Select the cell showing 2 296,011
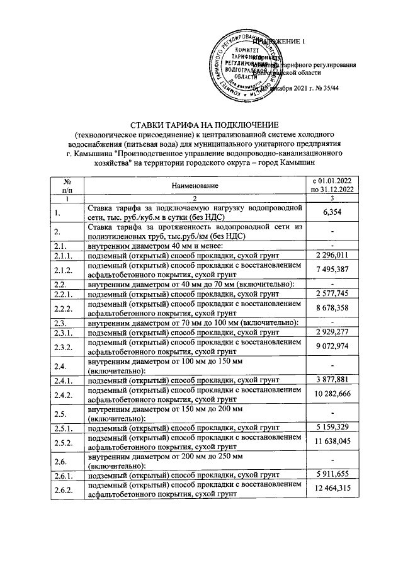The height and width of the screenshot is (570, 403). pos(332,254)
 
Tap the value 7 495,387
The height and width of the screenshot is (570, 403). pos(332,270)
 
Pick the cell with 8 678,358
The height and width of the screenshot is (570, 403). pos(332,310)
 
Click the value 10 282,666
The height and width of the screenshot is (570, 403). pos(332,394)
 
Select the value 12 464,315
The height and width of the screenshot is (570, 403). pos(332,489)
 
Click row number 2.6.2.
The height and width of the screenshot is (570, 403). pos(62,489)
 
